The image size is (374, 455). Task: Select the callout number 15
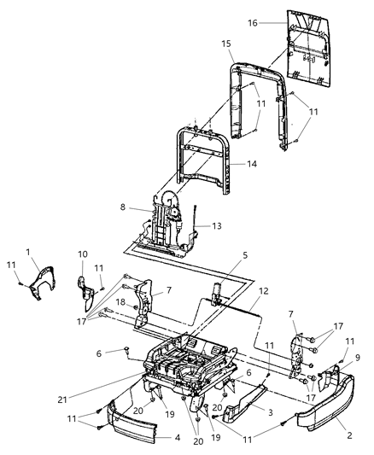click(226, 44)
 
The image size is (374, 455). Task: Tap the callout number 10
click(83, 254)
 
